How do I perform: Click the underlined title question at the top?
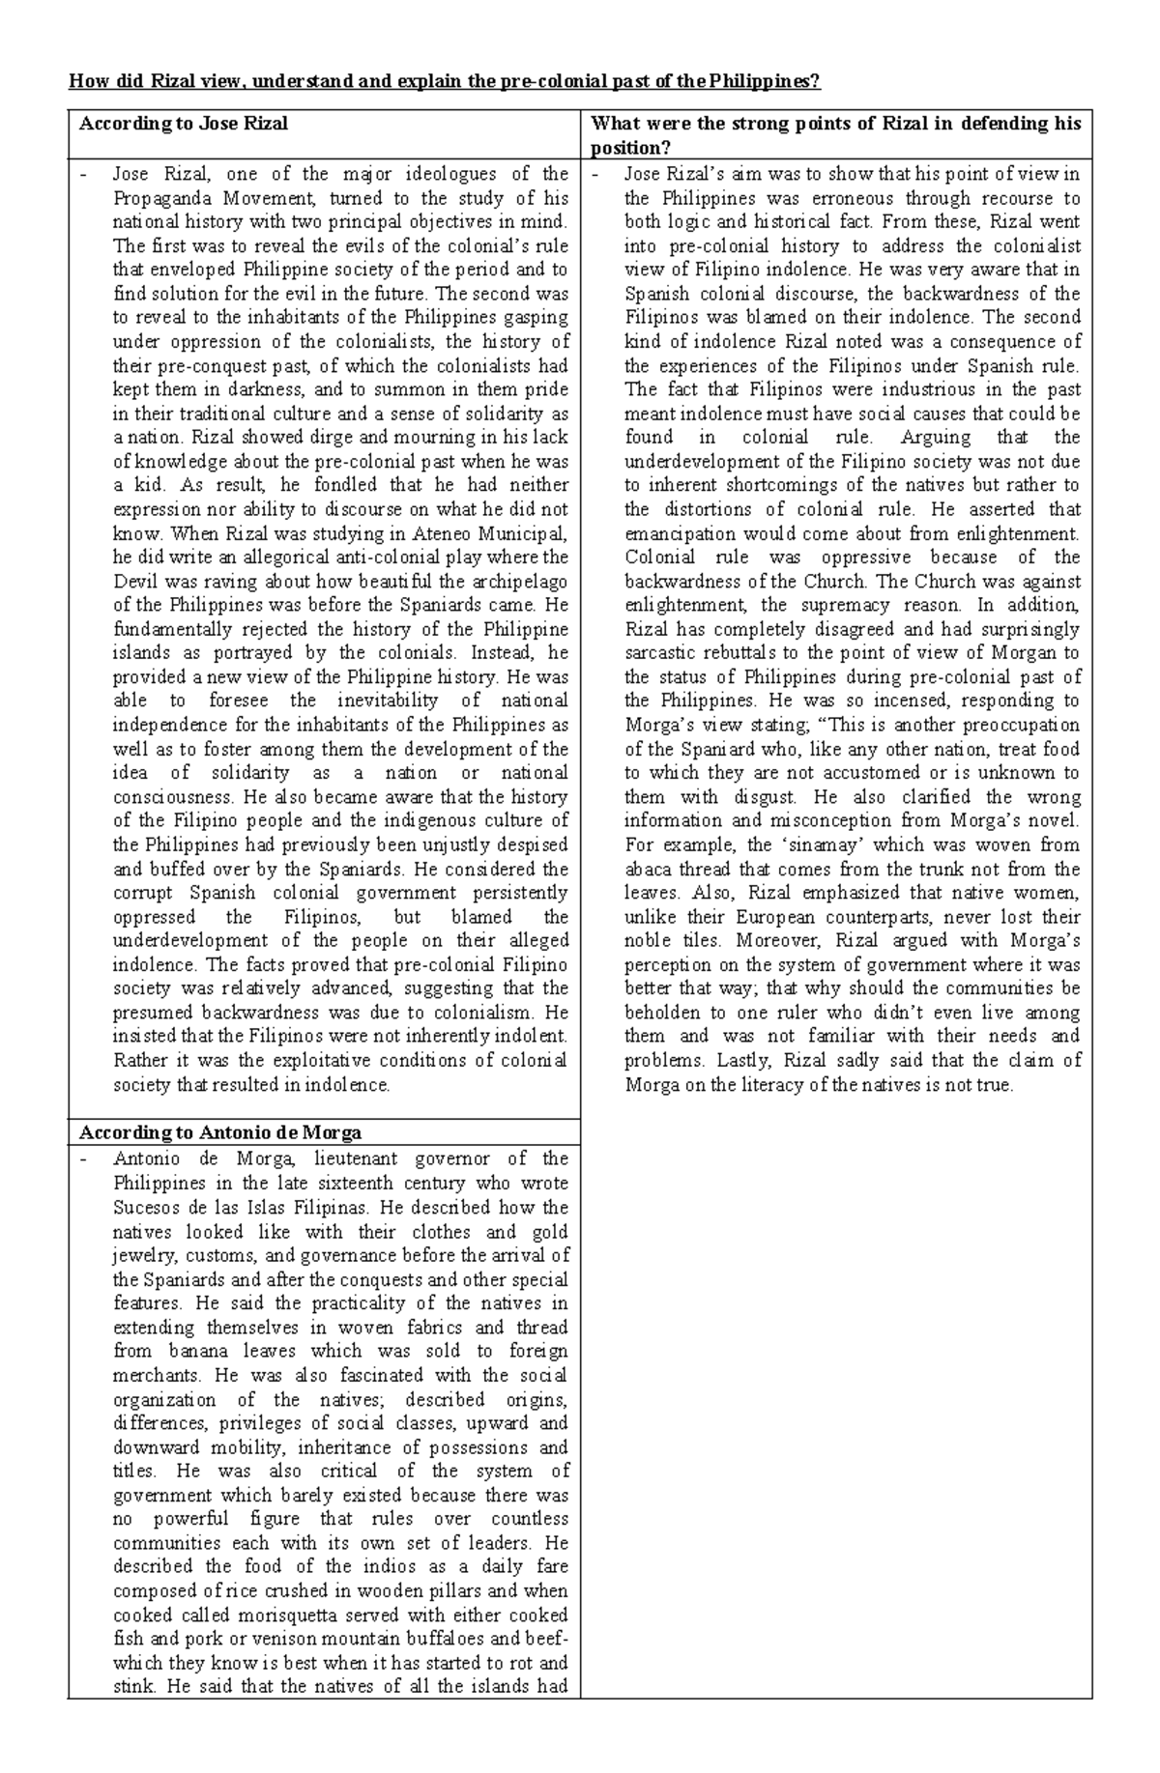444,81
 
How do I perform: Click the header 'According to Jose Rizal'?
184,124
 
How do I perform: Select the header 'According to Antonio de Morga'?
220,1132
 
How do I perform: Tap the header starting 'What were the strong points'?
835,124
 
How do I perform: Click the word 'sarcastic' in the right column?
661,653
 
